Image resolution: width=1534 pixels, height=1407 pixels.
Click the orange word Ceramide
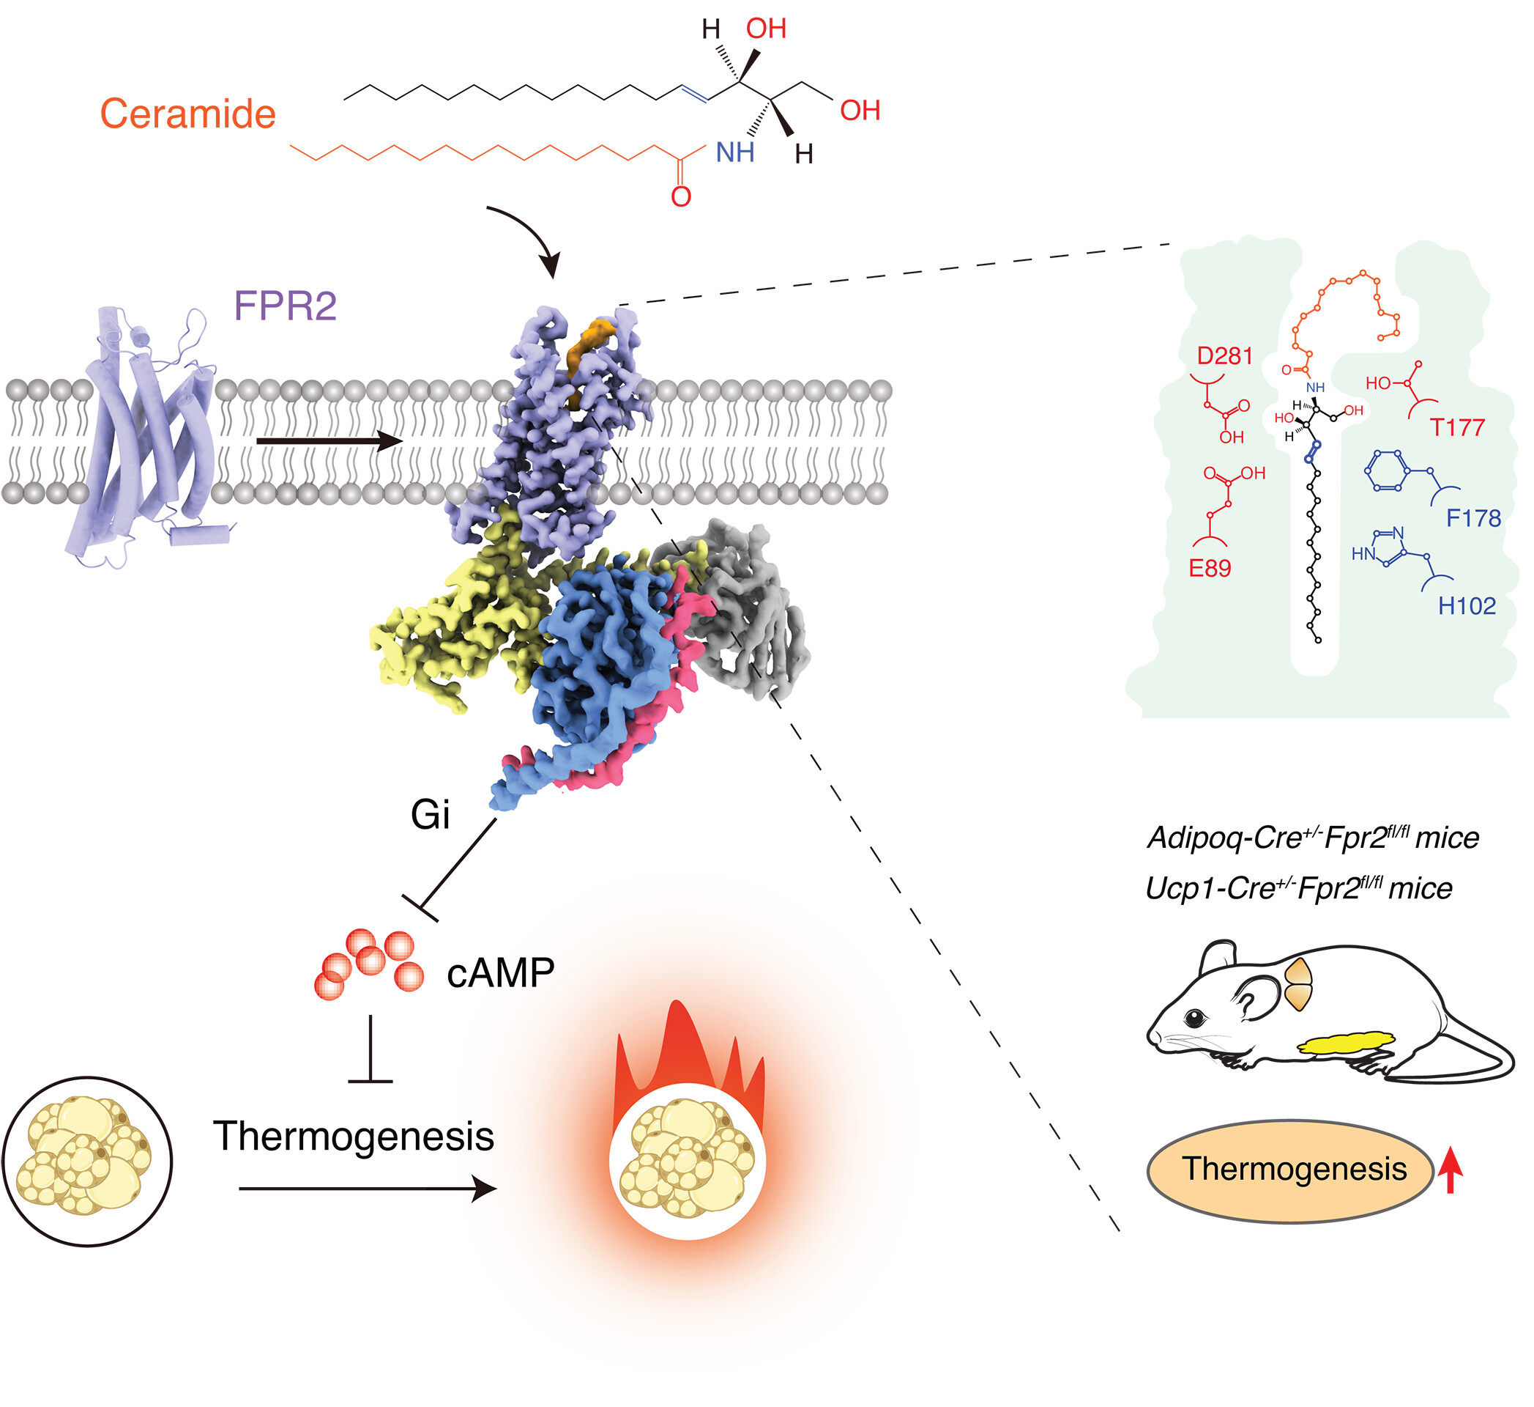coord(188,114)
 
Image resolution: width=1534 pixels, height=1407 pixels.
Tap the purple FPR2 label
coord(286,306)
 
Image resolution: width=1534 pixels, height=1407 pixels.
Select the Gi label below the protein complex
coord(430,815)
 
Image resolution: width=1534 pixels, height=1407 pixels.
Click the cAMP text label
coord(500,973)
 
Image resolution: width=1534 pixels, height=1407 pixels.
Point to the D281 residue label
coord(1224,355)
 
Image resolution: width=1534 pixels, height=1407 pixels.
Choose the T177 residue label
coord(1457,427)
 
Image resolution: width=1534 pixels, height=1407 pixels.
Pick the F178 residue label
coord(1473,519)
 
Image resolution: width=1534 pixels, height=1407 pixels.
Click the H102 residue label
coord(1467,606)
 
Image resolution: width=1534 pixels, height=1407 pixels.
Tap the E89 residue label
coord(1209,568)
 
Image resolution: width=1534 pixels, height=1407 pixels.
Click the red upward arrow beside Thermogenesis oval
coord(1451,1170)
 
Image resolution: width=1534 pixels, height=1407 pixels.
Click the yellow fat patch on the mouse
coord(1347,1041)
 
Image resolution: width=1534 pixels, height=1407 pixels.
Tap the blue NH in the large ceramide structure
coord(734,153)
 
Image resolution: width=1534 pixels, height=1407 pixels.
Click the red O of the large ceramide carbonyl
coord(681,197)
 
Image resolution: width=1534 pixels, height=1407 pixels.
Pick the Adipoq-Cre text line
coord(1313,838)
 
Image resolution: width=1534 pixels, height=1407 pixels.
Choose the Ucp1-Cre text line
coord(1298,887)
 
